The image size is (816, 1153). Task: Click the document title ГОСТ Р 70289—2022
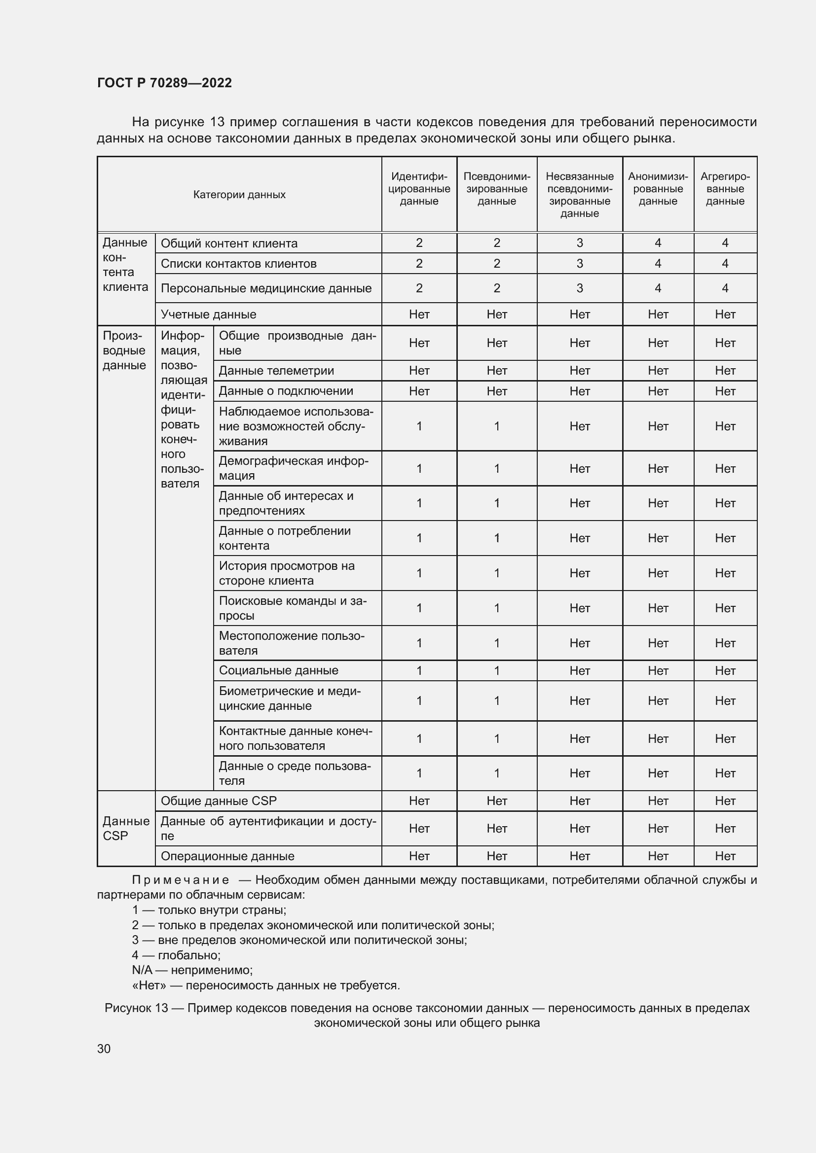tap(164, 83)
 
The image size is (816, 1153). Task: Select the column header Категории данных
tap(239, 195)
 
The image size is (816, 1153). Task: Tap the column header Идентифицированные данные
tap(419, 189)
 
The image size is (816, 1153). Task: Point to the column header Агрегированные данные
tap(725, 189)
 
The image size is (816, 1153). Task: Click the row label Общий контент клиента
tap(229, 244)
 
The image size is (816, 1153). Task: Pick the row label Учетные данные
tap(209, 314)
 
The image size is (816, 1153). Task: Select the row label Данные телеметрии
tap(276, 371)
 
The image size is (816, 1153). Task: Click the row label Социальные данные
tap(278, 670)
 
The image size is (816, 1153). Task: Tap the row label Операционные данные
tap(227, 856)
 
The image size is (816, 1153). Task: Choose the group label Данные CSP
tap(126, 829)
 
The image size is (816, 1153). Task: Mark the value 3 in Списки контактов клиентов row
tap(579, 264)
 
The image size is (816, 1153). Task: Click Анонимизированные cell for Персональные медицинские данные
tap(658, 288)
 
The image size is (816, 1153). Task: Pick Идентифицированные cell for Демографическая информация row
tap(419, 468)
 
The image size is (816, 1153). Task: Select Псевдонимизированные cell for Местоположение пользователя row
tap(496, 643)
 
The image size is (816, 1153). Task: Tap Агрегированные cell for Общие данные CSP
tap(725, 801)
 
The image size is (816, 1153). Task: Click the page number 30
tap(104, 1048)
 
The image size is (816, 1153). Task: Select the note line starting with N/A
tap(192, 970)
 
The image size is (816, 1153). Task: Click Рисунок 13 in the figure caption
tap(136, 1008)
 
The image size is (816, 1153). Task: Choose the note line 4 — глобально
tap(176, 955)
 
